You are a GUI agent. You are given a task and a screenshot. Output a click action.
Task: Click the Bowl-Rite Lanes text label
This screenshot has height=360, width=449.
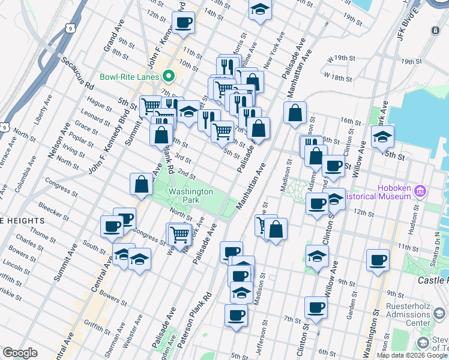[x=130, y=77]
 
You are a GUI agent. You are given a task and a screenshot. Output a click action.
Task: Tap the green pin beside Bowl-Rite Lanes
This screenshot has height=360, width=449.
[x=169, y=76]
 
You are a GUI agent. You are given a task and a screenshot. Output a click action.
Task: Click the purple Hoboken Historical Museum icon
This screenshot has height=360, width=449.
[x=420, y=191]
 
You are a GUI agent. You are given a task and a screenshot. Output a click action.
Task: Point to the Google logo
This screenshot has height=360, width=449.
[x=20, y=353]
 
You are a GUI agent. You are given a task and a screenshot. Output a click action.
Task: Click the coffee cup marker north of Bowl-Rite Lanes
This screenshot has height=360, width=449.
[x=183, y=23]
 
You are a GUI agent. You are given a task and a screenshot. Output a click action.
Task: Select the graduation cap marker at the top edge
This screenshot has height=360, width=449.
[x=259, y=10]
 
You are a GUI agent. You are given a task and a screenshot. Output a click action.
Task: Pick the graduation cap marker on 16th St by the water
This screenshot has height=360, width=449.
[x=382, y=137]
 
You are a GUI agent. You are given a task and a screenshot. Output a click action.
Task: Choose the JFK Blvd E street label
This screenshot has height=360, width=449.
[x=411, y=13]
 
